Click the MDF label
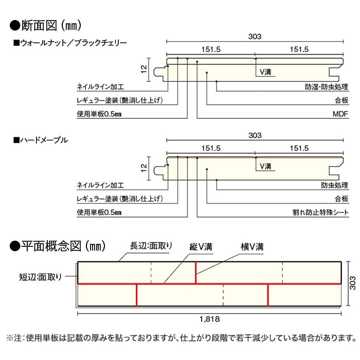pos(340,114)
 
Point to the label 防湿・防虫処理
pos(327,87)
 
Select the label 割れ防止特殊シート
pos(320,212)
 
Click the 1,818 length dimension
pos(209,319)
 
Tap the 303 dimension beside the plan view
pos(353,283)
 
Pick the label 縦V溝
pos(201,247)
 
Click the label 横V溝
pos(252,247)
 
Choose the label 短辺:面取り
pos(41,277)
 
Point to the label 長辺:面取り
pos(151,246)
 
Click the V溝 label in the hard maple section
pos(265,166)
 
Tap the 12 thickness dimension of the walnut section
pos(143,69)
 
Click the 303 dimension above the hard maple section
pos(255,135)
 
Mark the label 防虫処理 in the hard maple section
pos(334,185)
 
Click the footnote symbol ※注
pos(14,338)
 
